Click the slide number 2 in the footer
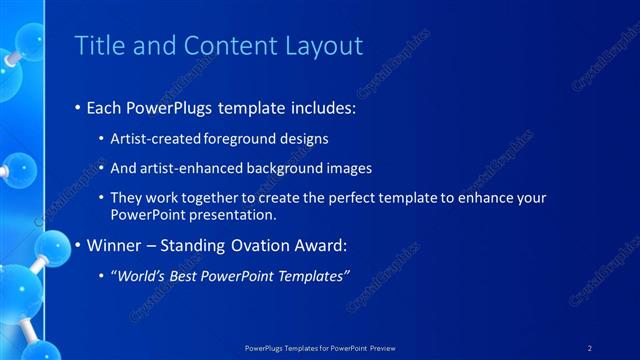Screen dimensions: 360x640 [x=591, y=347]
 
